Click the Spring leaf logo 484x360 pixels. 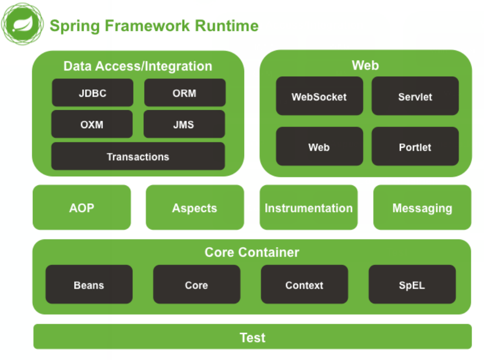[x=22, y=24]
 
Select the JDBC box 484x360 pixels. [x=93, y=93]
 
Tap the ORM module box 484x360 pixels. [x=185, y=93]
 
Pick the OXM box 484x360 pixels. [x=92, y=125]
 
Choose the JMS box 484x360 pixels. [x=184, y=125]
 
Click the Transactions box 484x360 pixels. [x=138, y=157]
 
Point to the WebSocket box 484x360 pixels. [x=319, y=96]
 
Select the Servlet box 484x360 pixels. [x=415, y=96]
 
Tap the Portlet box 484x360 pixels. [x=415, y=147]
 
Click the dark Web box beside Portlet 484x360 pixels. [x=319, y=147]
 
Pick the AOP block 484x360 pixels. [x=82, y=208]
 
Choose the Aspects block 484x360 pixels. [x=194, y=208]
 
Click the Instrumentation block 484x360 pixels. [x=309, y=208]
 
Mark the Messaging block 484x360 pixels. [x=422, y=208]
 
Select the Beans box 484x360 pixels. [x=89, y=285]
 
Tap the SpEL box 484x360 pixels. [x=412, y=285]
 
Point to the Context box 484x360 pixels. [x=304, y=285]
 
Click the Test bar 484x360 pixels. [x=253, y=337]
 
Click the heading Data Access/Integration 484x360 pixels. [x=138, y=66]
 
